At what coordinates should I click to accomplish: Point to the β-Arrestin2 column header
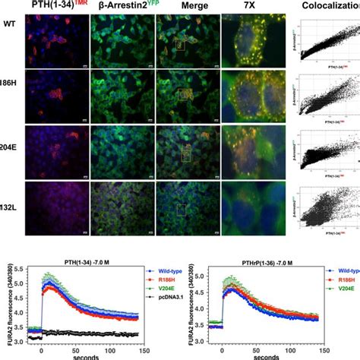pos(118,5)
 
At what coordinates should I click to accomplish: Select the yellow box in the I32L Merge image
pos(180,208)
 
